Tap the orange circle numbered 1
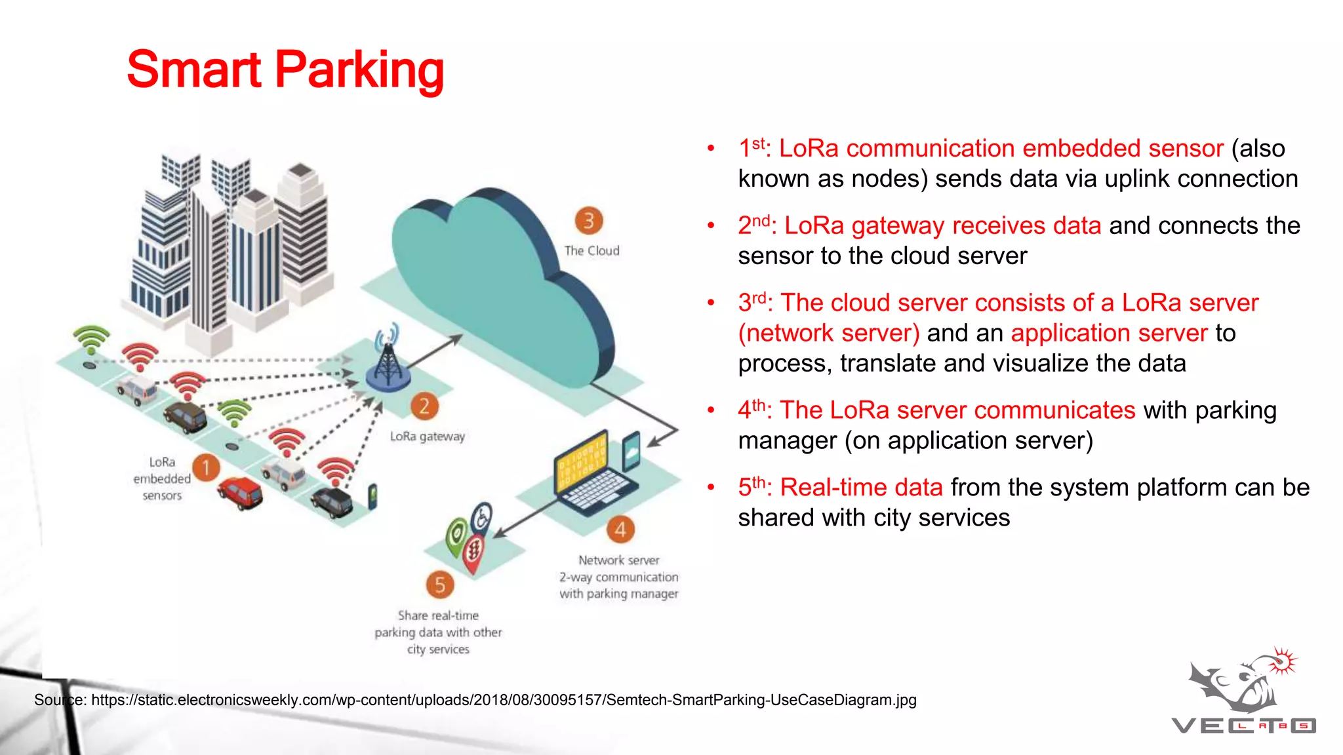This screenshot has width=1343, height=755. pyautogui.click(x=206, y=467)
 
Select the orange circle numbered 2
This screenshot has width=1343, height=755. pyautogui.click(x=424, y=406)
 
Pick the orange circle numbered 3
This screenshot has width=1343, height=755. pyautogui.click(x=588, y=221)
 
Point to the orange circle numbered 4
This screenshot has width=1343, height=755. pyautogui.click(x=620, y=530)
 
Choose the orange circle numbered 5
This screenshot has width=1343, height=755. pyautogui.click(x=439, y=584)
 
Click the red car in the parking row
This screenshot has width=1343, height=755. pyautogui.click(x=240, y=493)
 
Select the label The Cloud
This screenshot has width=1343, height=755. pyautogui.click(x=591, y=250)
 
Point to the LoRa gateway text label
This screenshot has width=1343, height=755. pyautogui.click(x=428, y=436)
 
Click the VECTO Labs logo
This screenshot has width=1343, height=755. pyautogui.click(x=1243, y=695)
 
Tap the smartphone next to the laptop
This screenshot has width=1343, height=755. pyautogui.click(x=631, y=451)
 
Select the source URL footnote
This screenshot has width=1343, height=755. pyautogui.click(x=475, y=700)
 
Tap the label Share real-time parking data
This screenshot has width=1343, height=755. pyautogui.click(x=438, y=632)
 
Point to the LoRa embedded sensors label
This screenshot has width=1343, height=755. pyautogui.click(x=162, y=479)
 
